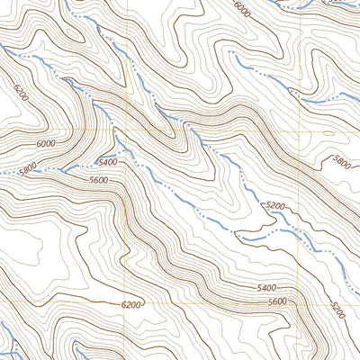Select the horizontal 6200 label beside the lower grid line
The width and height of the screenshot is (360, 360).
coord(130,305)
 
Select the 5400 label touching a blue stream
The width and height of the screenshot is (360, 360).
coord(108,162)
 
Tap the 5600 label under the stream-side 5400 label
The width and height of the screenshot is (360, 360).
coord(99,179)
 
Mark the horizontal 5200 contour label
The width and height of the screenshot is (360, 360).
coord(276,206)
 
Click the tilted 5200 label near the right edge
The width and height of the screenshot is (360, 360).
coord(337,310)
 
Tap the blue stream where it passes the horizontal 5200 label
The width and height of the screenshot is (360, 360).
coord(270,232)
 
